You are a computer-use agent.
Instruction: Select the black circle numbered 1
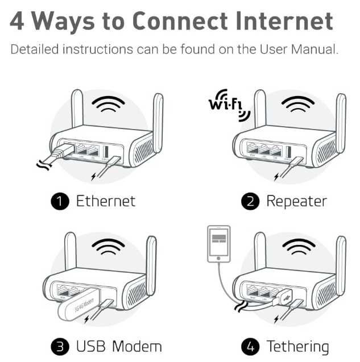pos(60,201)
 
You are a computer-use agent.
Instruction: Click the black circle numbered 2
pos(249,201)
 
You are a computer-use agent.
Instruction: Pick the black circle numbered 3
pos(60,346)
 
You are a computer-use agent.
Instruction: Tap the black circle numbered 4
pos(249,346)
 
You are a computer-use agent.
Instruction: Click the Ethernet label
pos(106,201)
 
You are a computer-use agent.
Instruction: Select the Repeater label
pos(296,201)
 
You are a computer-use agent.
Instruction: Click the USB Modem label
pos(119,346)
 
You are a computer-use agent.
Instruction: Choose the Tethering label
pos(297,346)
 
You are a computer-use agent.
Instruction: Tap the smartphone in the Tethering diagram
pos(220,245)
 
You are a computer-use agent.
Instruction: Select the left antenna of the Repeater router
pos(260,111)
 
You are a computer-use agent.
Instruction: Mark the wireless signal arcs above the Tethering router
pos(299,249)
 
